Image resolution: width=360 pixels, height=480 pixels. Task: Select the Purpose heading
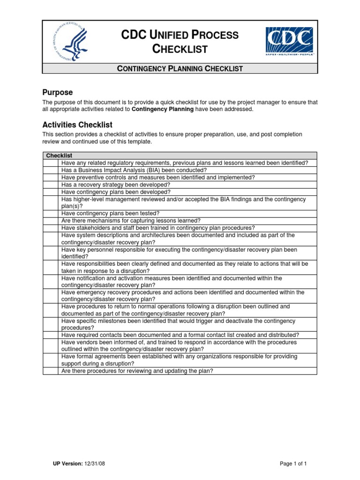pyautogui.click(x=57, y=92)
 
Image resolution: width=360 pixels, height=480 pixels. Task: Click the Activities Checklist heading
pyautogui.click(x=77, y=125)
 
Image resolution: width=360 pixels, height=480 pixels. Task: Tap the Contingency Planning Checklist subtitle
pyautogui.click(x=180, y=68)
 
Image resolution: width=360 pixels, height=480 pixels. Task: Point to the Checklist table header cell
pyautogui.click(x=59, y=156)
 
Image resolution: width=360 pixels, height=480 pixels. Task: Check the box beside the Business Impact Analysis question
pyautogui.click(x=51, y=170)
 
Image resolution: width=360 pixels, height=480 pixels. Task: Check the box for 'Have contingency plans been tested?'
pyautogui.click(x=51, y=213)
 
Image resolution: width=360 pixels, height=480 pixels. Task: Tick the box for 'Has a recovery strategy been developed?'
pyautogui.click(x=51, y=185)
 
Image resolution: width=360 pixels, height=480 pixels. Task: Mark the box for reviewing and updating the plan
pyautogui.click(x=51, y=371)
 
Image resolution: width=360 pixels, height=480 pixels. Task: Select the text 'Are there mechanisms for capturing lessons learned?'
pyautogui.click(x=131, y=220)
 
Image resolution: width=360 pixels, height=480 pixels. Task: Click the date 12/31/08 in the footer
pyautogui.click(x=96, y=464)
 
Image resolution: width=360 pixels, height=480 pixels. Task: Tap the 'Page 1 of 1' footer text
pyautogui.click(x=293, y=464)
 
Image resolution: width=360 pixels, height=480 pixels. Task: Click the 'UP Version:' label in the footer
pyautogui.click(x=68, y=464)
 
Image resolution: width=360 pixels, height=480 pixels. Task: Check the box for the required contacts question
pyautogui.click(x=51, y=335)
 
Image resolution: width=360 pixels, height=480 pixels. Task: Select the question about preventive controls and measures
pyautogui.click(x=158, y=178)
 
